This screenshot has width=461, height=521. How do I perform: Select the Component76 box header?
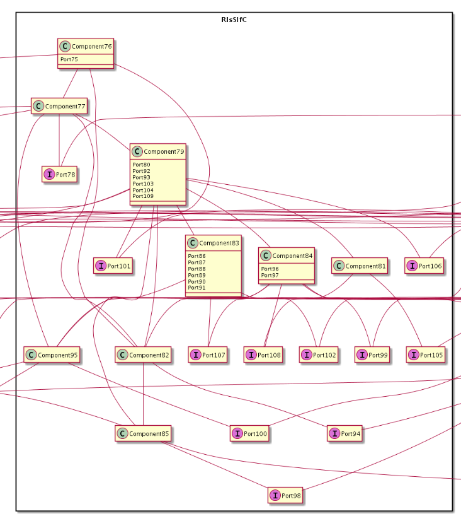pos(85,46)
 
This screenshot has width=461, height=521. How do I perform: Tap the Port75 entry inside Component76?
pos(69,60)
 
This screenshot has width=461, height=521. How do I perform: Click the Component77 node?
pos(59,107)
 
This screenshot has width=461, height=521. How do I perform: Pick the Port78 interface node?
pos(59,175)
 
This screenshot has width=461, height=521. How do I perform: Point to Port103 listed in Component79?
pos(142,184)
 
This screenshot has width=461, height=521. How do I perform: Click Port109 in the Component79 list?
pos(142,196)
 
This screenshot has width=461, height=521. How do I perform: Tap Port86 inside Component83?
pos(196,256)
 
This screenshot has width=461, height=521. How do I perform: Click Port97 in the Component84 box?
pos(270,275)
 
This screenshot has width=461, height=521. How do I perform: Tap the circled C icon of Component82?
pos(122,355)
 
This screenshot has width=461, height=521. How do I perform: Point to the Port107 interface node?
pos(207,355)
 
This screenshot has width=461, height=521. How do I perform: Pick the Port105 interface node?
pos(426,355)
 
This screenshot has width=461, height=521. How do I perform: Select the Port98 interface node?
pos(285,496)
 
